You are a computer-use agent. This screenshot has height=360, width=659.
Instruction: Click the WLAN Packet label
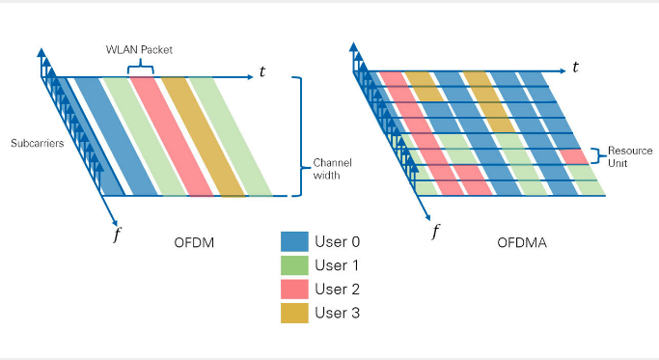(x=139, y=49)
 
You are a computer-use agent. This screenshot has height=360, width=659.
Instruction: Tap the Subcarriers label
(x=38, y=143)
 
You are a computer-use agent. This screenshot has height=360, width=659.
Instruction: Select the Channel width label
(x=332, y=169)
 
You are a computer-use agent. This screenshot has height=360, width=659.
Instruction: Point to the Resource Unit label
(x=630, y=156)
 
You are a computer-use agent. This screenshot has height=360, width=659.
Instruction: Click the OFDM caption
(x=194, y=242)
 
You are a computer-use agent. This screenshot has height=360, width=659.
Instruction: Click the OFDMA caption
(x=522, y=242)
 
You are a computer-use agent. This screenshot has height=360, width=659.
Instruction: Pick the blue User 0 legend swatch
(x=294, y=241)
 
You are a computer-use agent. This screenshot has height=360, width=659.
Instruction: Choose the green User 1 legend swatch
(x=294, y=265)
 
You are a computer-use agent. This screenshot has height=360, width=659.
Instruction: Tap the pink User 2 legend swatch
(x=294, y=289)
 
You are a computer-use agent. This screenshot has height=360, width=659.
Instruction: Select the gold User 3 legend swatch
(x=294, y=313)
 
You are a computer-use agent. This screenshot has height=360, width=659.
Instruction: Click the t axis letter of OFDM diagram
(x=262, y=72)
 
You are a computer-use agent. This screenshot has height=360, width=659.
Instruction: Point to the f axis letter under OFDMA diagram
(x=436, y=232)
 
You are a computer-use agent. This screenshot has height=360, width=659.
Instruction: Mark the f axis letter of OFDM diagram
(x=117, y=234)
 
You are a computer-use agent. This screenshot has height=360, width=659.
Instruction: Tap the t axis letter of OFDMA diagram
(x=575, y=67)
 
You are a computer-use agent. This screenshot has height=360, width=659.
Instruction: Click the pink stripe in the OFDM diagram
(x=172, y=137)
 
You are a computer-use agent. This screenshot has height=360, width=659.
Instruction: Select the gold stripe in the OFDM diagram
(x=203, y=137)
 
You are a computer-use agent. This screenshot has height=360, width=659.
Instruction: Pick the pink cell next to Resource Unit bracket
(x=574, y=156)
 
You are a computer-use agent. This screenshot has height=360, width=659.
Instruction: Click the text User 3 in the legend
(x=337, y=313)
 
